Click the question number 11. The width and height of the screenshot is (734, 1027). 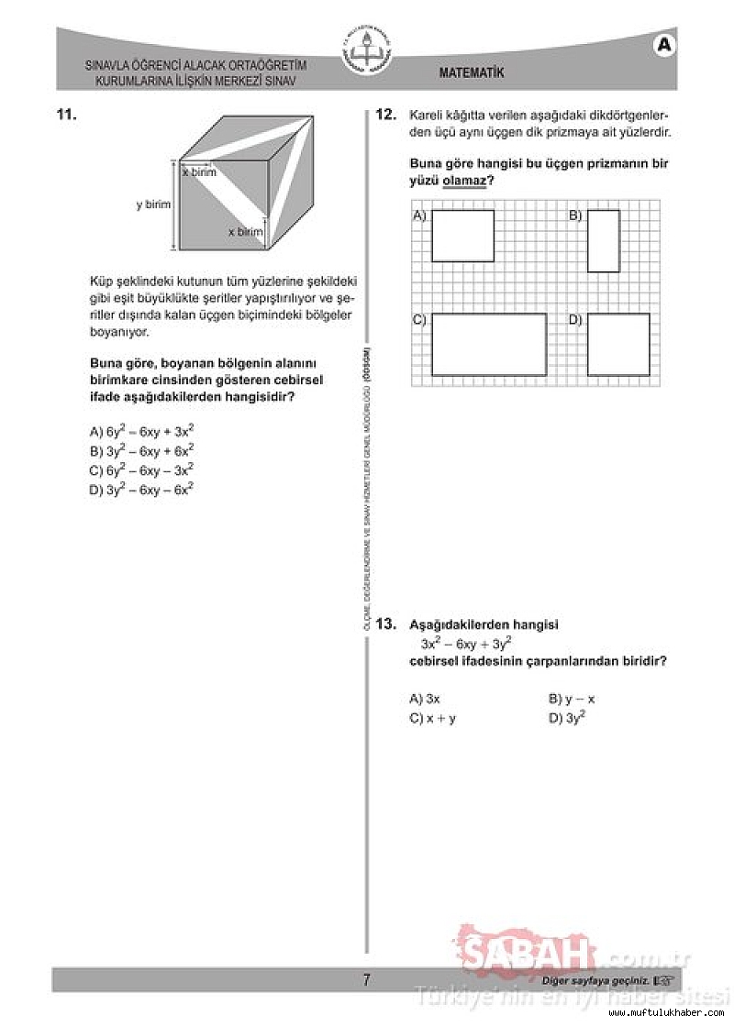(65, 115)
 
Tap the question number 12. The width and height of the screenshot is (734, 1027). (385, 115)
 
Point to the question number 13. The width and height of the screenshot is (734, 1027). (385, 624)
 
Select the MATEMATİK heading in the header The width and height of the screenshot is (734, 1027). (472, 73)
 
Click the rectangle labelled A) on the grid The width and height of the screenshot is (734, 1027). (462, 236)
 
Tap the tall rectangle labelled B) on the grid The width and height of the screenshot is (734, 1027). (603, 240)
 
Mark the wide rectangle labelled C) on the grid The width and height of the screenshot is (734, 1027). (489, 344)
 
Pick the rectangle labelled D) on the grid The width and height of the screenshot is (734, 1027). (618, 344)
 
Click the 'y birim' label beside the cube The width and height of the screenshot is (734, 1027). (153, 204)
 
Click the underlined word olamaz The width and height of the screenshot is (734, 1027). (462, 182)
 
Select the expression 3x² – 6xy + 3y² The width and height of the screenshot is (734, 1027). (466, 643)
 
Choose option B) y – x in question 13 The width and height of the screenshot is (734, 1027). (573, 699)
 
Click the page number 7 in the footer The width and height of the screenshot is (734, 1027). (366, 980)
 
